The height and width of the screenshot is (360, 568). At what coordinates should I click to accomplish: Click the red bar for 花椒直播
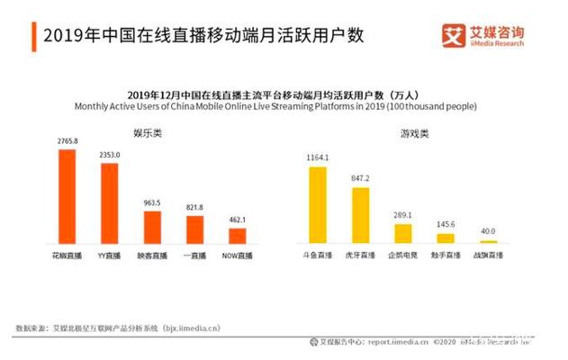[67, 196]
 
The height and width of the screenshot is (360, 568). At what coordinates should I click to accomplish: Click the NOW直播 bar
[237, 235]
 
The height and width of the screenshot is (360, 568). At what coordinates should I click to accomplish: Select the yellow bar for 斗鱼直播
[317, 205]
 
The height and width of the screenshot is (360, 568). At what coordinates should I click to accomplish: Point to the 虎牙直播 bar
[360, 215]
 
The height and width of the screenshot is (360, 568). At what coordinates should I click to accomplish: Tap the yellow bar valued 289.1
[402, 233]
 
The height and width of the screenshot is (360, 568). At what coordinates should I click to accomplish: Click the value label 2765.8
[67, 141]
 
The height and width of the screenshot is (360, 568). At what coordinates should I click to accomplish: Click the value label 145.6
[445, 226]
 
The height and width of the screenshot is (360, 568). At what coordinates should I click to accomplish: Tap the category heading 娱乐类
[147, 132]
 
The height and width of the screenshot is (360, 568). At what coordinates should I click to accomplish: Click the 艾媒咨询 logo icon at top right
[453, 35]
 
